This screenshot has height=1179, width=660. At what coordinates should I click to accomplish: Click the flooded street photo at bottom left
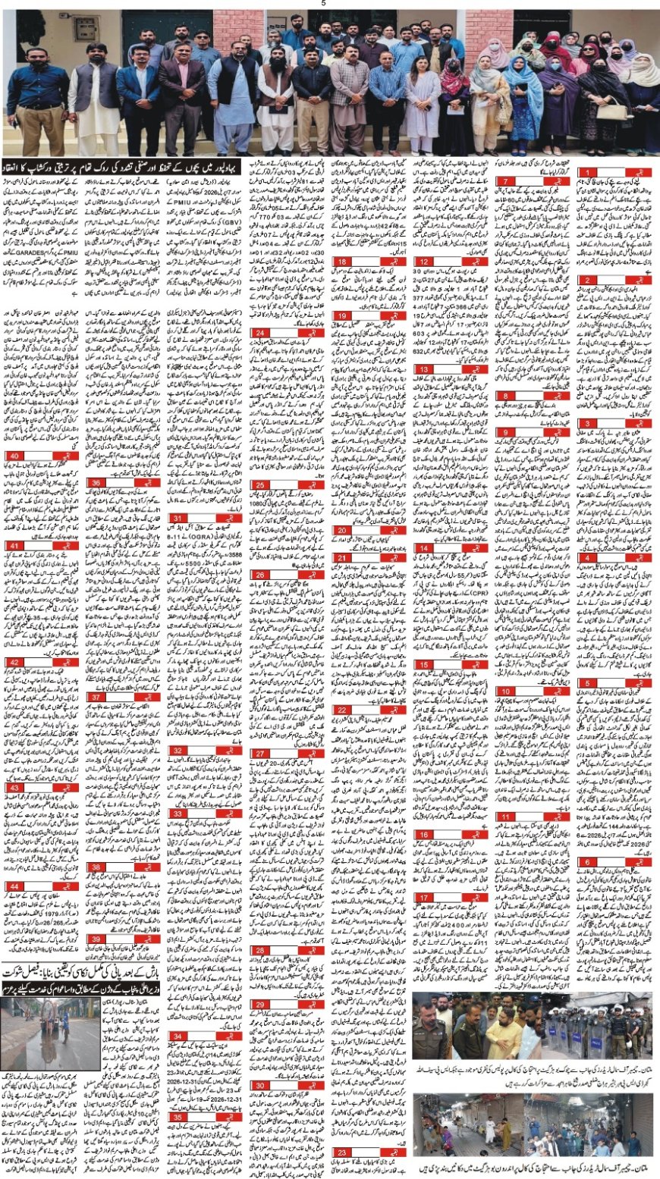[x=50, y=1030]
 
